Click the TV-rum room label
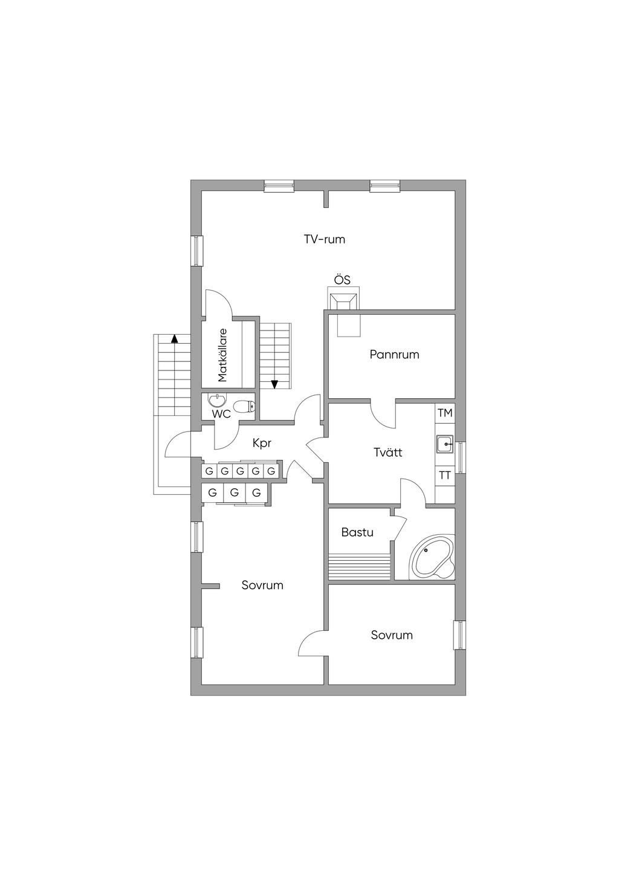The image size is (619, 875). [325, 239]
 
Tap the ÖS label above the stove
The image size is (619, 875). [342, 280]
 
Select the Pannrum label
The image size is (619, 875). [394, 355]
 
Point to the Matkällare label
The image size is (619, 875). [222, 355]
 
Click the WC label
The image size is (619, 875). [221, 415]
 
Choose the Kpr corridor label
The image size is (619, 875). [262, 443]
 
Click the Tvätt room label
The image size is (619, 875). [387, 452]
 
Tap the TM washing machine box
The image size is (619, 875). [445, 413]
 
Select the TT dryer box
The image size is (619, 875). [445, 476]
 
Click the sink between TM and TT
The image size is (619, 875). [445, 444]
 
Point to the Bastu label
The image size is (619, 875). [357, 532]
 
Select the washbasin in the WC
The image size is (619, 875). [216, 400]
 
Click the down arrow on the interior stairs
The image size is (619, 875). [274, 384]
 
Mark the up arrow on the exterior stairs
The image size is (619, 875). [174, 338]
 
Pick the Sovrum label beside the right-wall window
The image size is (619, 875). [392, 635]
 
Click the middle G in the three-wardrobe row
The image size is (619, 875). [235, 492]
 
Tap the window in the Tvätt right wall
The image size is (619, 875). [461, 457]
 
